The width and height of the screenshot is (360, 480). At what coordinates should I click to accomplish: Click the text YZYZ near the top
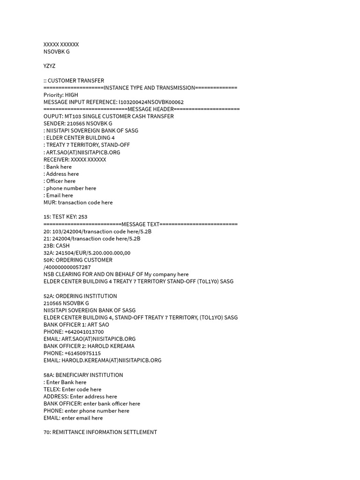49,66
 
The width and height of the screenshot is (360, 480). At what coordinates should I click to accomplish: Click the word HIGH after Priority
72,95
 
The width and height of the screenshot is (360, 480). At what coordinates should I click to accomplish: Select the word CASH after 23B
63,246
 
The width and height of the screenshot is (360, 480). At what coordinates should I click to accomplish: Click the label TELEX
52,390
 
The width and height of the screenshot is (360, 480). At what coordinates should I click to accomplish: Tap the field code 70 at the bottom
47,432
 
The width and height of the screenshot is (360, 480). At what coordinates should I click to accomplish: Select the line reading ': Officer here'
60,181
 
